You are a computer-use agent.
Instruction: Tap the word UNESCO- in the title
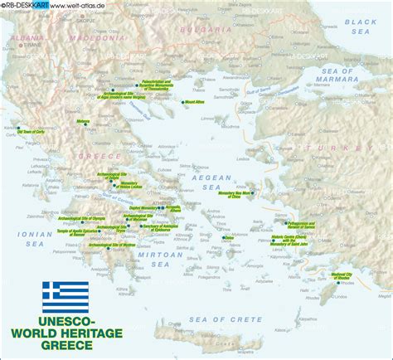pyautogui.click(x=65, y=319)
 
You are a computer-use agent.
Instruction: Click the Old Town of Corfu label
pyautogui.click(x=30, y=131)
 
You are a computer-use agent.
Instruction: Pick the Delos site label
pyautogui.click(x=229, y=238)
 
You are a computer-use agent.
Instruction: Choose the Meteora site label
pyautogui.click(x=84, y=121)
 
